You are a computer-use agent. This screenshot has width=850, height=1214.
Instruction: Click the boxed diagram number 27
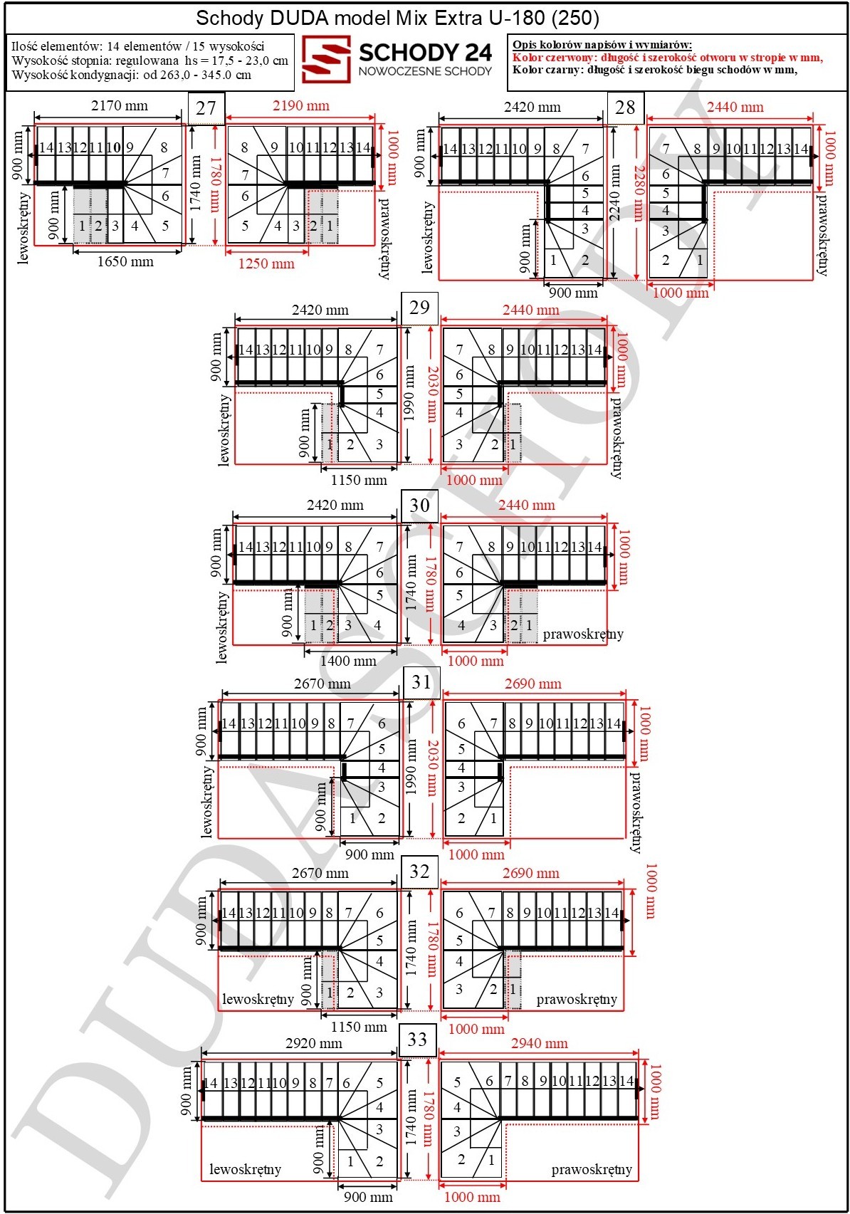tap(206, 108)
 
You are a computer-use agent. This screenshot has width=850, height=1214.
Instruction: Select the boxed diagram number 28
tap(625, 108)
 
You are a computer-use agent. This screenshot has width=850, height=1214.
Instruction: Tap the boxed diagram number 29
tap(419, 308)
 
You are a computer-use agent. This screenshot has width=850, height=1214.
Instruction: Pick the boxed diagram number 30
tap(419, 506)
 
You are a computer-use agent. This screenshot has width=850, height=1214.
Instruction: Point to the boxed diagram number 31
tap(421, 682)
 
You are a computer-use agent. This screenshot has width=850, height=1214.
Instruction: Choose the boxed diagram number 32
tap(419, 872)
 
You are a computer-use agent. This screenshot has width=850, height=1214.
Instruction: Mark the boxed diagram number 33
tap(417, 1040)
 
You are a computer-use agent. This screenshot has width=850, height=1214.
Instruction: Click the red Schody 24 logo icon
tap(326, 59)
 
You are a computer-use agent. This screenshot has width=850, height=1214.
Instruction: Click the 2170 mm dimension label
tap(119, 105)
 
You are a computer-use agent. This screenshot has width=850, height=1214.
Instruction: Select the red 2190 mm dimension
tap(300, 105)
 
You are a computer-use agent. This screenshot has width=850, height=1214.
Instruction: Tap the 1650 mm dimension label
tap(125, 262)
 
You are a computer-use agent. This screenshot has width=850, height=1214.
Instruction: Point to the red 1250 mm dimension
tap(266, 264)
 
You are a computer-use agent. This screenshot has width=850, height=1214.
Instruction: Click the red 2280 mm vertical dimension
tap(639, 194)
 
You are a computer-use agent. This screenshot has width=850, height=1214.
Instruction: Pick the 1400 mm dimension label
tap(348, 661)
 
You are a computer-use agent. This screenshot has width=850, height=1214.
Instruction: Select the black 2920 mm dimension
tap(314, 1043)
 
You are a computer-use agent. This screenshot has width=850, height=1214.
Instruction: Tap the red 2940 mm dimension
tap(539, 1043)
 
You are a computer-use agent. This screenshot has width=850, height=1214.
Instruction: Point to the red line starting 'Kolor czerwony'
tap(668, 58)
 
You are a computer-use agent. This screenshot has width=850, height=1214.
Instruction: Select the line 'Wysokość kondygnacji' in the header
tap(131, 75)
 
